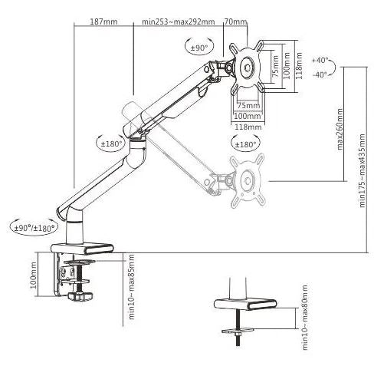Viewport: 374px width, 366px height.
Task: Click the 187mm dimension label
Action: click(x=103, y=21)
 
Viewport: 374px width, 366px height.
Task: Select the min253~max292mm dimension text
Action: click(x=179, y=21)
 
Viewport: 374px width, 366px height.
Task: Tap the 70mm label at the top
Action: click(x=236, y=21)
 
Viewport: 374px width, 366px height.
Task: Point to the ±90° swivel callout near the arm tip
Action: click(x=199, y=48)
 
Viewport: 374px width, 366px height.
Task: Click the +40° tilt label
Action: click(x=320, y=61)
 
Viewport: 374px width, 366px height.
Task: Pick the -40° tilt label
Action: click(x=320, y=74)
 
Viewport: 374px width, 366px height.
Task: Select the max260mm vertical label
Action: click(x=340, y=129)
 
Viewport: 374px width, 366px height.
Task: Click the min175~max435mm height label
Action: click(x=362, y=170)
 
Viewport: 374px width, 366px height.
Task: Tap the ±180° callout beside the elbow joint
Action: click(x=111, y=143)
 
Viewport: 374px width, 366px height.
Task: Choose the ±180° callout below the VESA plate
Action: click(x=245, y=144)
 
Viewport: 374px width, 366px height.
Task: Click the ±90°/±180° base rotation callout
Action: click(x=34, y=228)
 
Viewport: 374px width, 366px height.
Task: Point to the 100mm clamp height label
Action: click(x=34, y=275)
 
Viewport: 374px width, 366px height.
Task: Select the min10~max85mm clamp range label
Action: click(x=132, y=287)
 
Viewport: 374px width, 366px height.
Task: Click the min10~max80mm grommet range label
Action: click(x=305, y=318)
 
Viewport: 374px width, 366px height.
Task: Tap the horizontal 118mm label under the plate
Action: click(x=248, y=127)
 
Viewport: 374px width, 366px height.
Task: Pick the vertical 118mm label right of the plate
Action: click(x=299, y=66)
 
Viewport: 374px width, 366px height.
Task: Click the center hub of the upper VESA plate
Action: click(x=248, y=68)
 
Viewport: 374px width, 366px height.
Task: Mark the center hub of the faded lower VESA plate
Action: click(x=248, y=181)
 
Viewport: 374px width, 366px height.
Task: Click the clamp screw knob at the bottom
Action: click(x=80, y=296)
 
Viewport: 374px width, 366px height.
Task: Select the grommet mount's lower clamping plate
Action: click(x=238, y=331)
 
